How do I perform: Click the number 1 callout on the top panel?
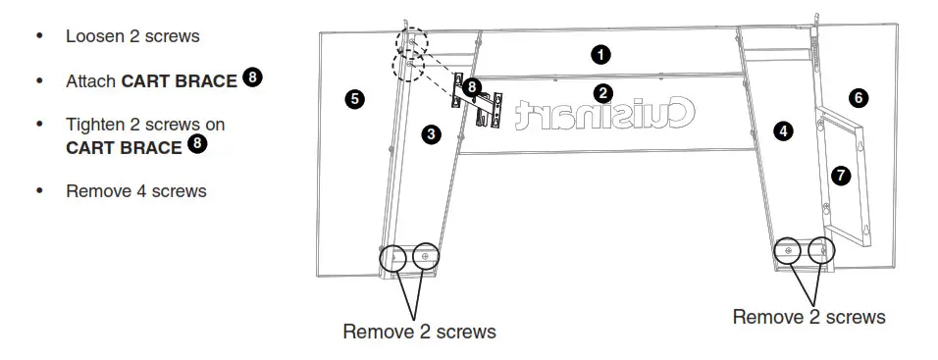click(x=600, y=55)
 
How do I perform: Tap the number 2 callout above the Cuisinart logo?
click(x=603, y=93)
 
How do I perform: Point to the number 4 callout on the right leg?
click(x=782, y=129)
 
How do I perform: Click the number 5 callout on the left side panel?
click(x=355, y=98)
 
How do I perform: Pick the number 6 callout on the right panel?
click(x=859, y=97)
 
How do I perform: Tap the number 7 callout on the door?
click(x=840, y=176)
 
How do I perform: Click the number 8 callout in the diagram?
click(x=472, y=87)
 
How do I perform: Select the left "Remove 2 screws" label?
click(x=419, y=332)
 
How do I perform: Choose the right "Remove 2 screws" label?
click(x=808, y=317)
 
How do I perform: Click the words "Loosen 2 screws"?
click(x=132, y=36)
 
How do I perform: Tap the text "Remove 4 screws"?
click(x=136, y=191)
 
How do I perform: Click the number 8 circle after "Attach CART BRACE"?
click(x=252, y=77)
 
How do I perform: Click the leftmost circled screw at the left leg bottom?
click(x=392, y=258)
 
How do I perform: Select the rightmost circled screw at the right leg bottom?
click(x=819, y=251)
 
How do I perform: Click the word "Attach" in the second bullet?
click(x=91, y=81)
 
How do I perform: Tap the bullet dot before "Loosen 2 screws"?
click(x=39, y=36)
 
